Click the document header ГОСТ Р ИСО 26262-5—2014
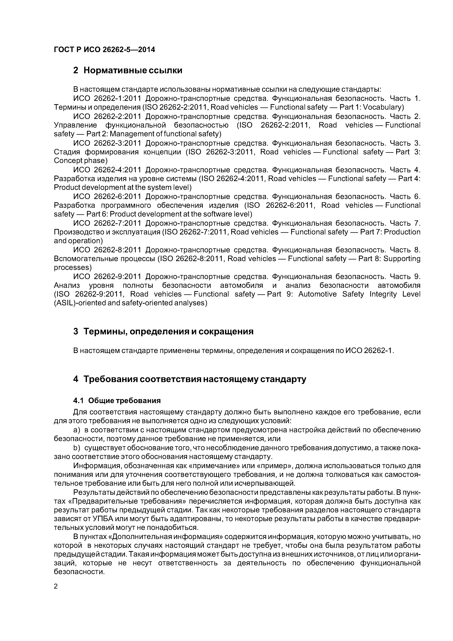104,50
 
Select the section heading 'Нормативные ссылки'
133,70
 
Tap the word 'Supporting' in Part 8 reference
402,259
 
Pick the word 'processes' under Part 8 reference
73,268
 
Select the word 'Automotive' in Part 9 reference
317,294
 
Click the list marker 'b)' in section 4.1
77,448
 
